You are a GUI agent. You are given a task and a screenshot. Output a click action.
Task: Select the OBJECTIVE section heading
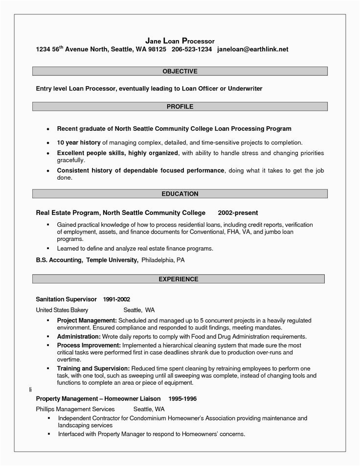pyautogui.click(x=180, y=71)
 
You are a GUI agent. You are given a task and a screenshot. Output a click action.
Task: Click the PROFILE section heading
pyautogui.click(x=180, y=106)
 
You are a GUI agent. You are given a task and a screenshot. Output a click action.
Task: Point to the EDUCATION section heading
pyautogui.click(x=180, y=194)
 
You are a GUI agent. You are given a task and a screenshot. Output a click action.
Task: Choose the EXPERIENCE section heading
pyautogui.click(x=179, y=280)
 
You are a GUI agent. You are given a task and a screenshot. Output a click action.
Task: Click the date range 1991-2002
pyautogui.click(x=116, y=299)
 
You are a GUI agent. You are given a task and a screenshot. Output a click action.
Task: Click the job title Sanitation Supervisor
pyautogui.click(x=66, y=299)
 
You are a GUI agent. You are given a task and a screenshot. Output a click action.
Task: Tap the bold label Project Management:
pyautogui.click(x=87, y=320)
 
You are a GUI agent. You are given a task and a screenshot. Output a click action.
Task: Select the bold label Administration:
pyautogui.click(x=79, y=337)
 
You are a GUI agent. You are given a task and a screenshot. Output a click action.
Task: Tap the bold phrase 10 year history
pyautogui.click(x=79, y=142)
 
